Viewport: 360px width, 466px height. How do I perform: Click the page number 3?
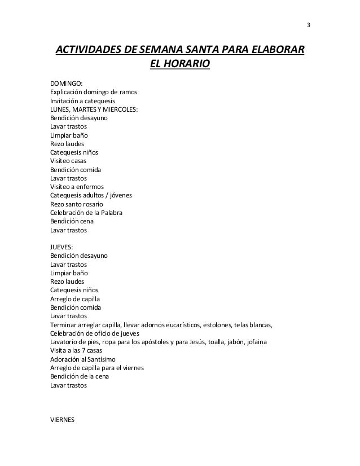point(308,25)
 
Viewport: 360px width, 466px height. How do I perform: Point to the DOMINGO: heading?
point(66,83)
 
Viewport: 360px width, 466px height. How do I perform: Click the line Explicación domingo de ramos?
point(93,93)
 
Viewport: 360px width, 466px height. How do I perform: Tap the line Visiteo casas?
point(69,161)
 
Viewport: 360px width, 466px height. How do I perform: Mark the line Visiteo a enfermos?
point(77,187)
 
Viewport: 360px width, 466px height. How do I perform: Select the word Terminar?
point(64,325)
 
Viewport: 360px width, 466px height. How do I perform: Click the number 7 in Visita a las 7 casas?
point(87,351)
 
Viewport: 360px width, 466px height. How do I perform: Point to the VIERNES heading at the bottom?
point(63,420)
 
